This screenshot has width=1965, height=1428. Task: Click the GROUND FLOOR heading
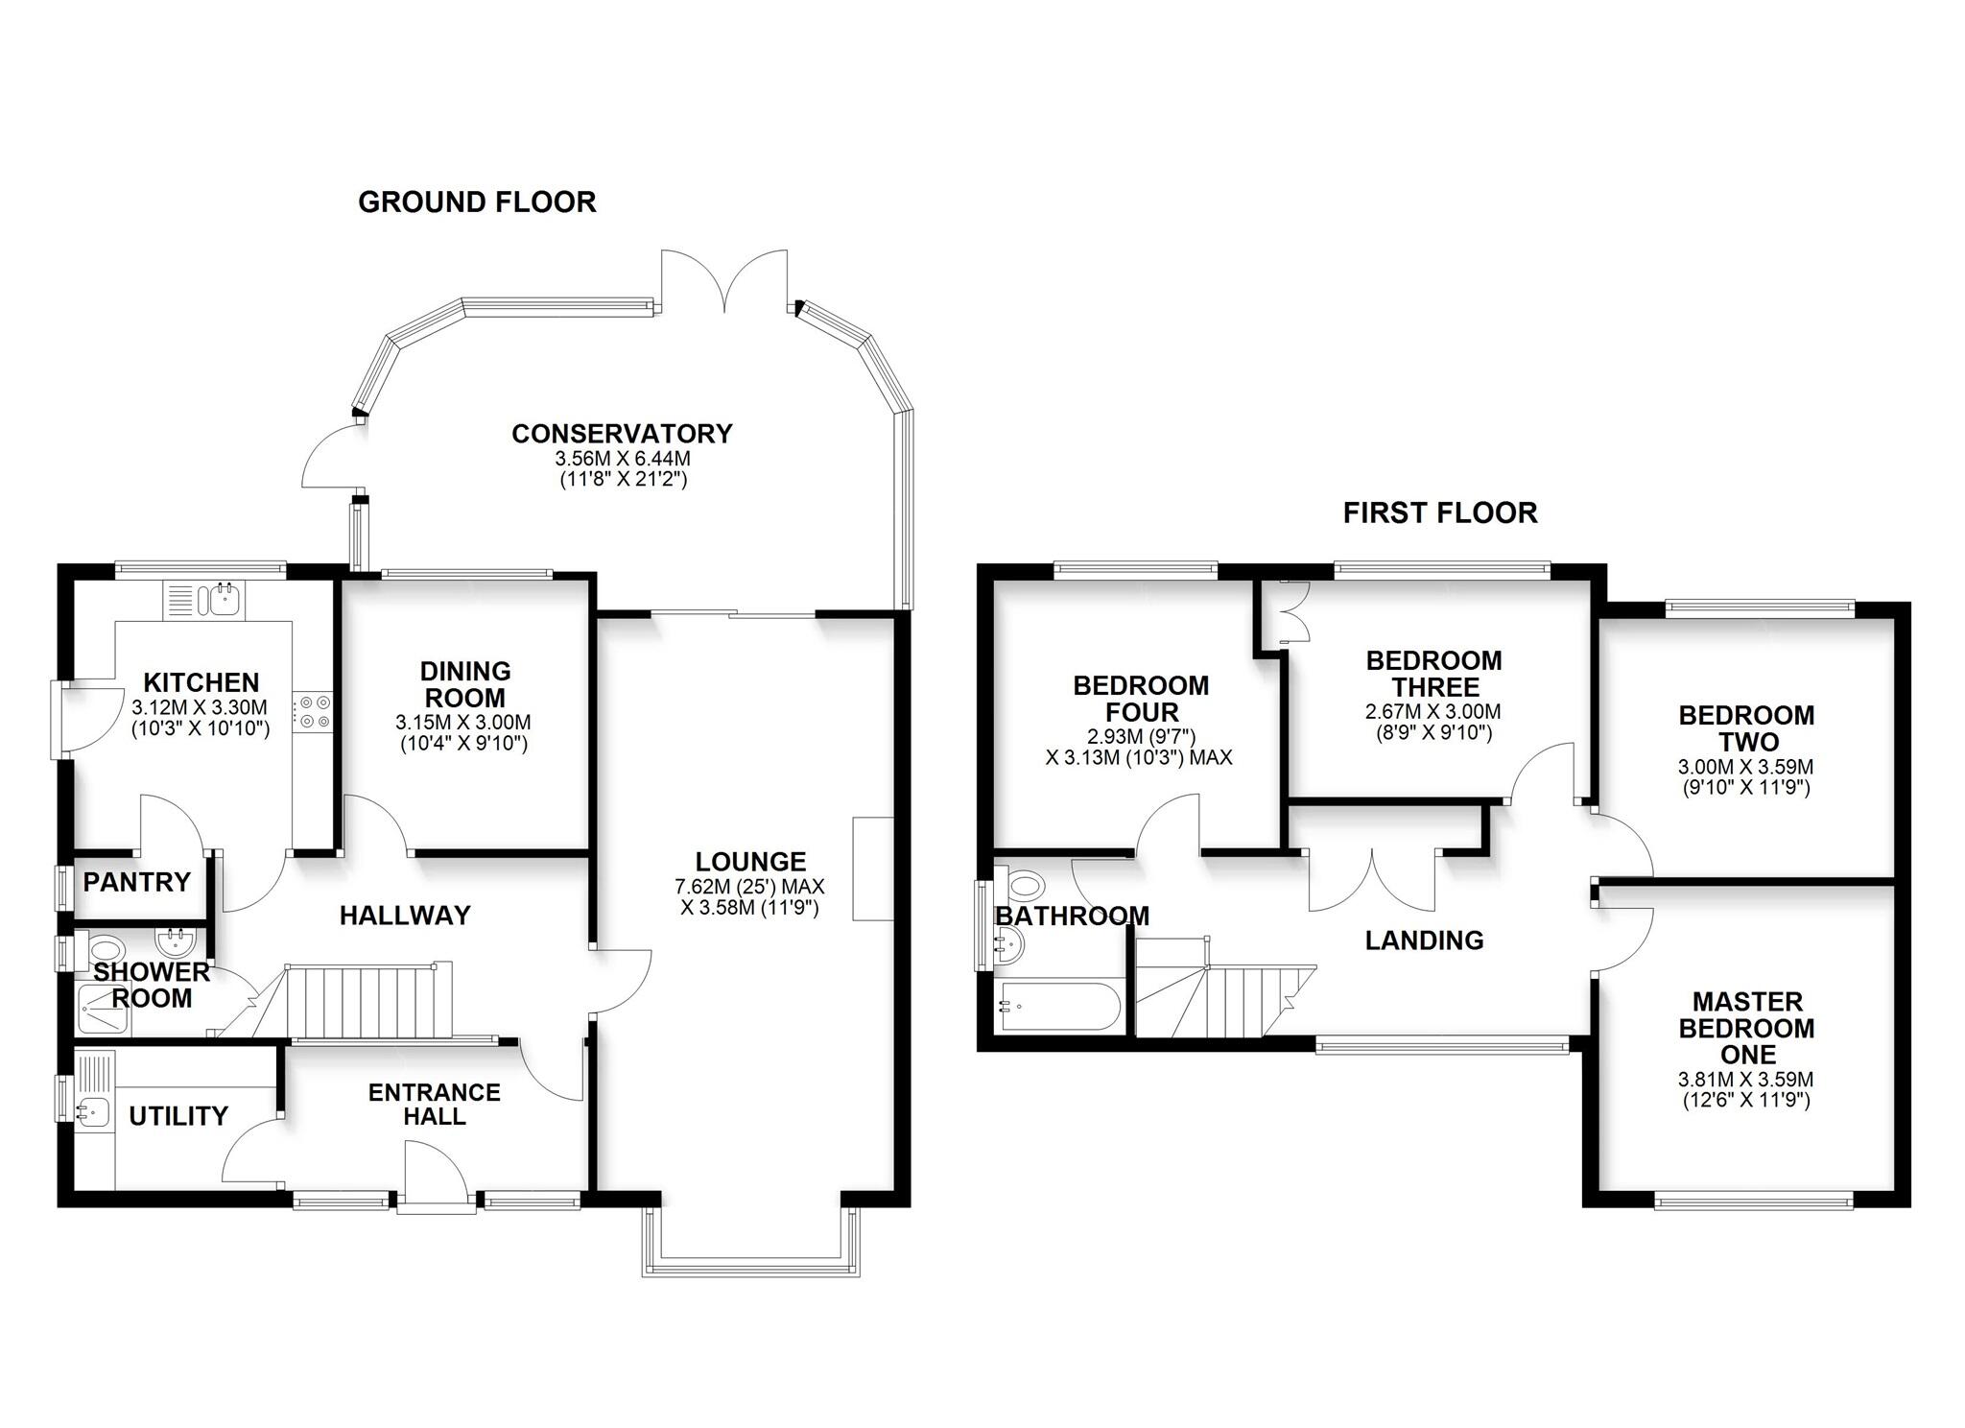click(x=477, y=202)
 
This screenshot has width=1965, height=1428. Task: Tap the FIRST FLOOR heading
click(x=1439, y=513)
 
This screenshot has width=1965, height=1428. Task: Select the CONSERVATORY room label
click(x=622, y=434)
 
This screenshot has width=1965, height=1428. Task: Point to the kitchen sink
click(x=222, y=601)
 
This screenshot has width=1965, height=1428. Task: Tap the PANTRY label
click(x=136, y=882)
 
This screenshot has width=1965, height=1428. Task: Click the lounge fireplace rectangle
click(x=872, y=869)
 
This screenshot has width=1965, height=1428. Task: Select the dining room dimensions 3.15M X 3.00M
click(x=463, y=723)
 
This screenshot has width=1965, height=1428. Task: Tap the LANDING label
click(x=1424, y=940)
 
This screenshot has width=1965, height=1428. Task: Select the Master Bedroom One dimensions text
click(x=1745, y=1089)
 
